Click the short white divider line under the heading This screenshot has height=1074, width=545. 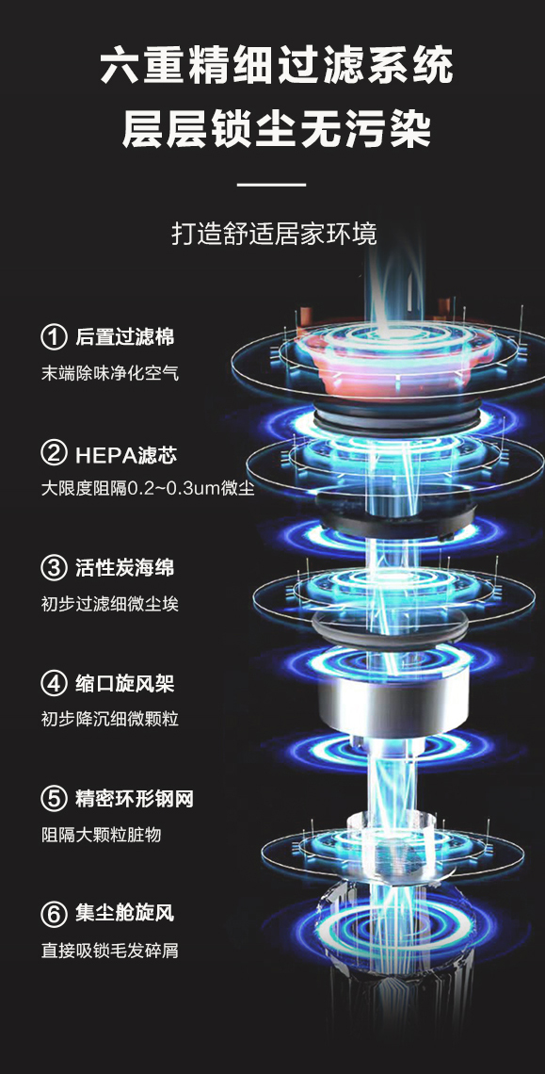[x=272, y=185]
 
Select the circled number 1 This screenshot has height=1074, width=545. [x=54, y=337]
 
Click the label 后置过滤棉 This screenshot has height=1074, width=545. [x=124, y=337]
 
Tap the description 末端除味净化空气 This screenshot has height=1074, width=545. [x=109, y=374]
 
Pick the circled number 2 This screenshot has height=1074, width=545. [x=54, y=453]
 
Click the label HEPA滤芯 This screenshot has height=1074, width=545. [x=126, y=453]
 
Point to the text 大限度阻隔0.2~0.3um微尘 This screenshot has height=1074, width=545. [x=148, y=489]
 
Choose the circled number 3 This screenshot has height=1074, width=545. [x=54, y=568]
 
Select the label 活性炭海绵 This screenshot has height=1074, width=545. [x=124, y=568]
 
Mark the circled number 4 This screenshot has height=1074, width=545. [x=54, y=683]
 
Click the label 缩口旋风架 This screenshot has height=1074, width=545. [x=124, y=683]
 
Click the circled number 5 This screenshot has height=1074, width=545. [x=54, y=798]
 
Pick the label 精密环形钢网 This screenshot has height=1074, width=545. [x=135, y=798]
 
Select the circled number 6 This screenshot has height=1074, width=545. [x=54, y=913]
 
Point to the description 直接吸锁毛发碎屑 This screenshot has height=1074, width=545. [x=109, y=950]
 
